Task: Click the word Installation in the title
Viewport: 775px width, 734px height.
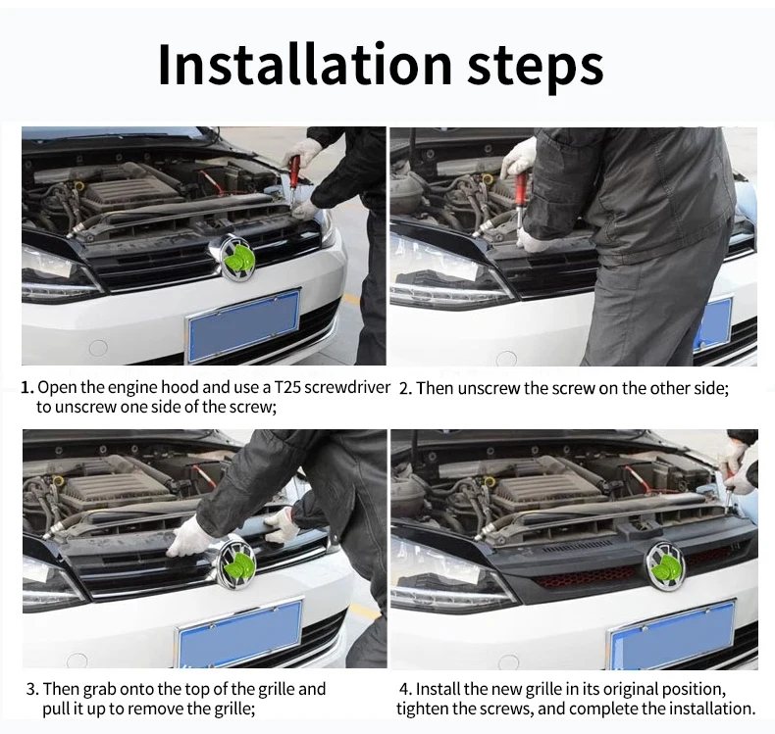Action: [x=304, y=65]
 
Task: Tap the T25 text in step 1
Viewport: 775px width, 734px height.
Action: [x=286, y=387]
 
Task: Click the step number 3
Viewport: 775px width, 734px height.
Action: [x=31, y=689]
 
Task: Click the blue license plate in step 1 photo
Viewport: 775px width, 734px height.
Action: [x=243, y=320]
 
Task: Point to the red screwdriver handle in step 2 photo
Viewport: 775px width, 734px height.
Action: [x=521, y=190]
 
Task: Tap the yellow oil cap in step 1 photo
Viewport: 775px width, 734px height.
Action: [x=78, y=185]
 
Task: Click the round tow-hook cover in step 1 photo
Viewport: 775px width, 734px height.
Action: [x=98, y=348]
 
